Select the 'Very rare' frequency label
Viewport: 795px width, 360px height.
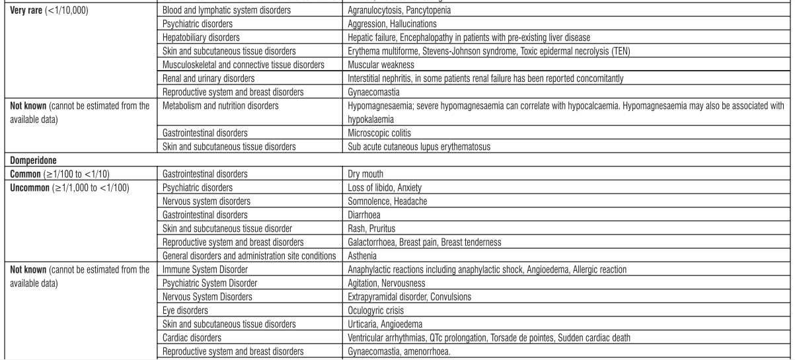click(23, 11)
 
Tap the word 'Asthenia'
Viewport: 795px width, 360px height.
click(362, 256)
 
